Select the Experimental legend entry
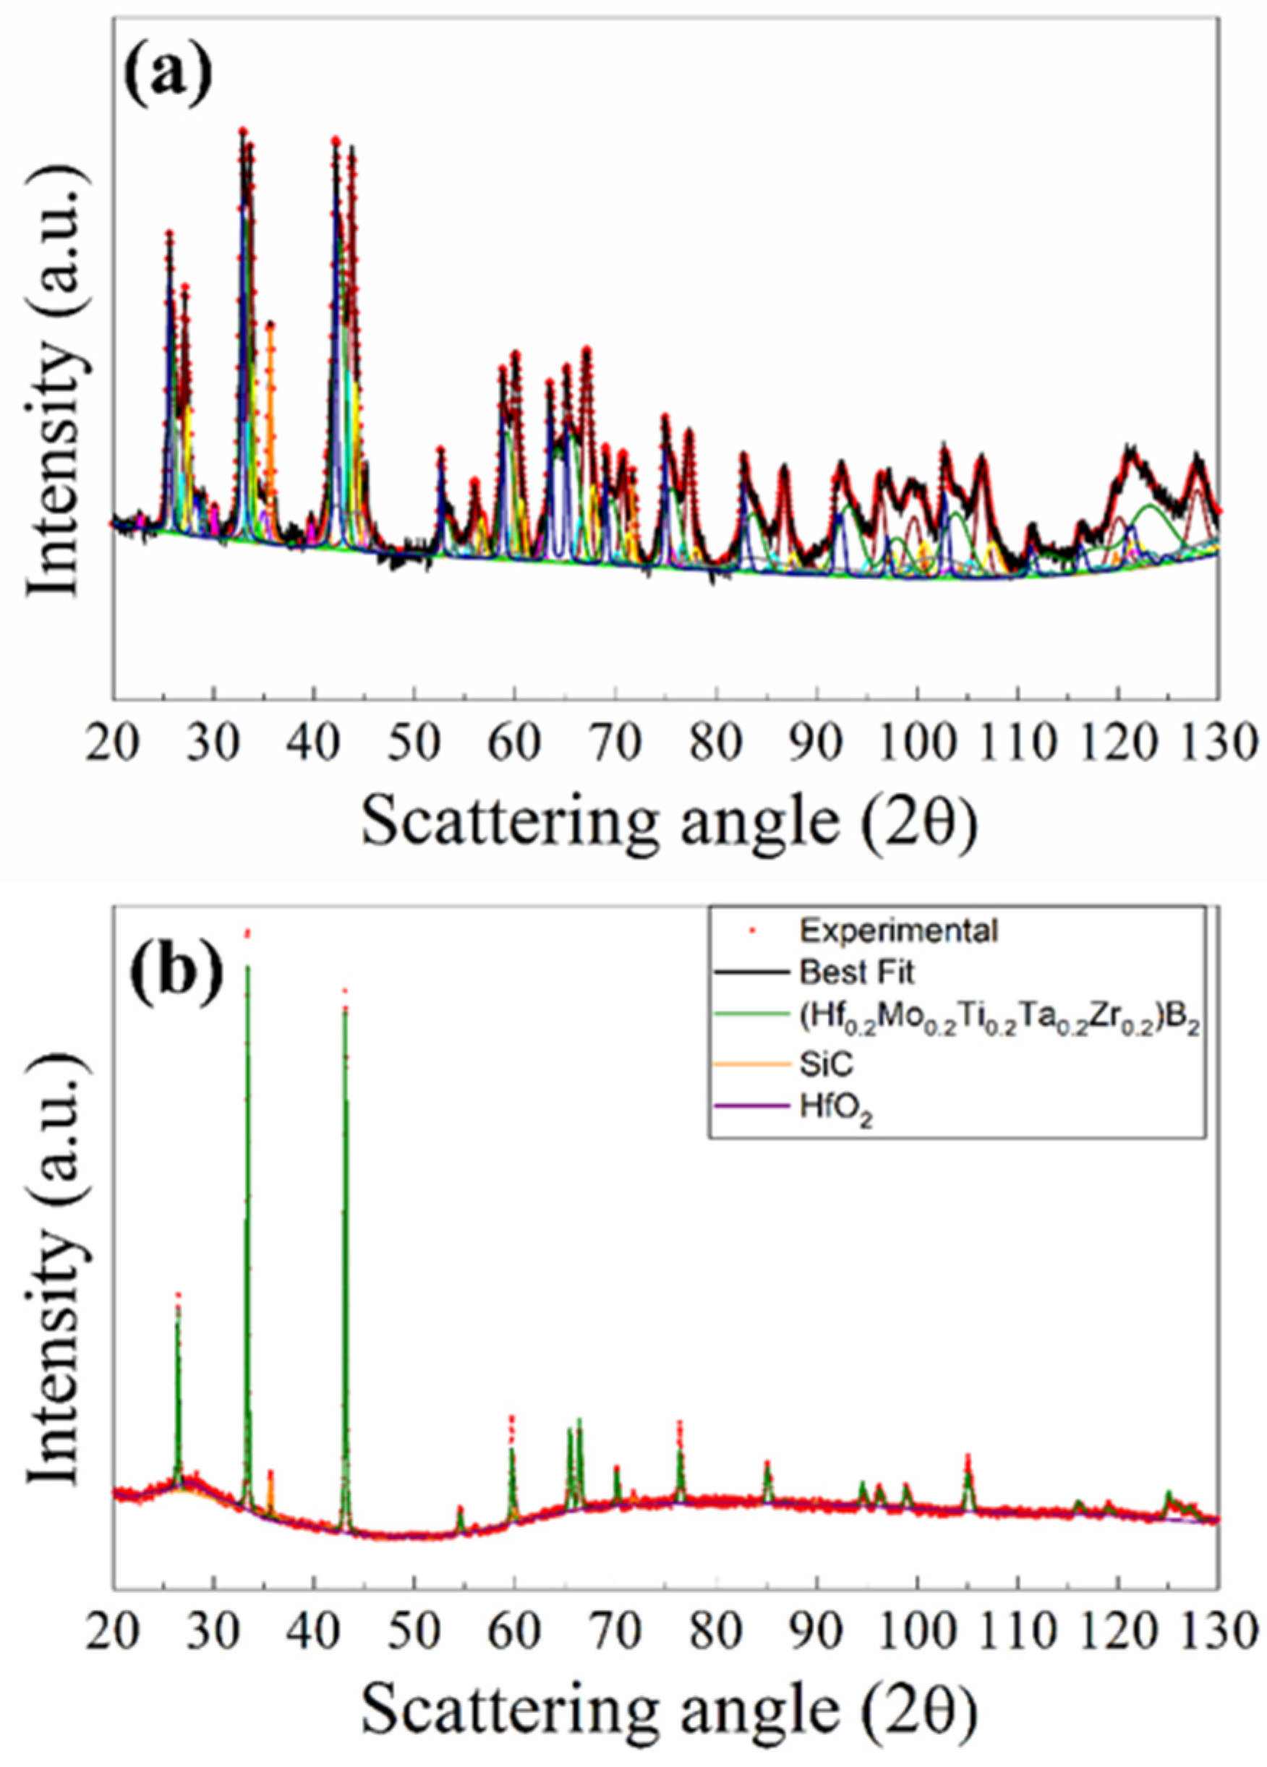tap(897, 931)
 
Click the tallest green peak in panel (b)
tap(248, 970)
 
